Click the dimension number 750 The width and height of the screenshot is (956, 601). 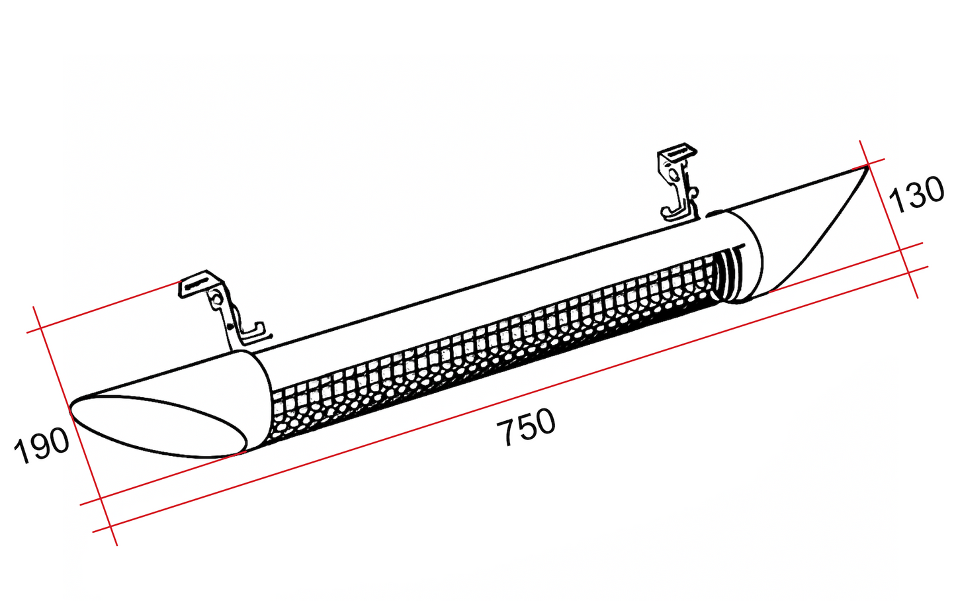[526, 427]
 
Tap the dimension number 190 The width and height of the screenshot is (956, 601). [42, 445]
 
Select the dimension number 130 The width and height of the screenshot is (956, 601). [916, 195]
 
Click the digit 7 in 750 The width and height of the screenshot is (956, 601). [505, 433]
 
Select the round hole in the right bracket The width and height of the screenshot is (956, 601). [673, 173]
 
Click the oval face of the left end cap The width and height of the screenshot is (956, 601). [159, 426]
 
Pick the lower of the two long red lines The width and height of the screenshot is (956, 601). [510, 399]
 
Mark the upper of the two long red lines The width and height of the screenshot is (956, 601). [501, 374]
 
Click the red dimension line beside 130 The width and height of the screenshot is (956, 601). [889, 218]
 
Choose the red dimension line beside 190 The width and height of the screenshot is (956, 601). [75, 426]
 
